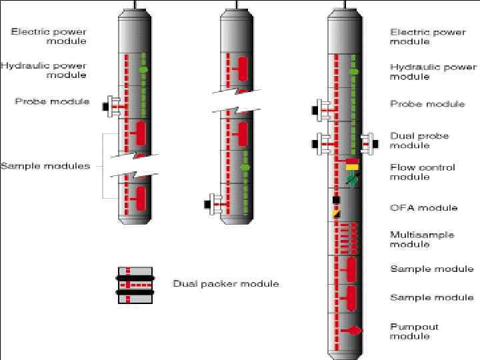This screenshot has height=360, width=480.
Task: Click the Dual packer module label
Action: point(225,283)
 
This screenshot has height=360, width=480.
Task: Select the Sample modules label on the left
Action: point(45,165)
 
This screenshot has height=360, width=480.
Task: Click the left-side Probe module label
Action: point(52,101)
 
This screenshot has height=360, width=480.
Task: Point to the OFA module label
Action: point(423,207)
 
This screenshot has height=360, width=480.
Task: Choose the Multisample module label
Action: point(422,239)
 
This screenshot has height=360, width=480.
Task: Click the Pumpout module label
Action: point(414,331)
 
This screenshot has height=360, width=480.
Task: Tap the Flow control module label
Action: point(422,172)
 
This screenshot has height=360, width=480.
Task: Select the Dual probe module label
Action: point(419,140)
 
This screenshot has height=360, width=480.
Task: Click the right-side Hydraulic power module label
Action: point(433,71)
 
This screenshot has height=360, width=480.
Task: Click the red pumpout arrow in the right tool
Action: point(355,330)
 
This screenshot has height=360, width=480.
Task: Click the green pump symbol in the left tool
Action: point(142,69)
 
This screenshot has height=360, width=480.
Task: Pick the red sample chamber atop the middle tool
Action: point(243,67)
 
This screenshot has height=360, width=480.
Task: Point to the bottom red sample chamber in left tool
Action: point(141,198)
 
